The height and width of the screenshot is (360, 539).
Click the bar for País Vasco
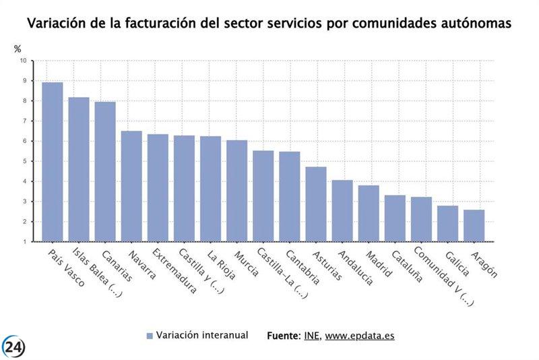[x=52, y=162]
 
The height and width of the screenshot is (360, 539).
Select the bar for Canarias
[x=105, y=171]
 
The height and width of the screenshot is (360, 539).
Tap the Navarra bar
[x=131, y=186]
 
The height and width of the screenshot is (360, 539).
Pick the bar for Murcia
[x=236, y=191]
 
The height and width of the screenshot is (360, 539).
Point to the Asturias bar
[x=315, y=204]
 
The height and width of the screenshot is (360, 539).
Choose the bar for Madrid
[x=368, y=213]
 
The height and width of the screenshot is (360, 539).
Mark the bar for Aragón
[x=474, y=225]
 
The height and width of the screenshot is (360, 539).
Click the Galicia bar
[x=447, y=223]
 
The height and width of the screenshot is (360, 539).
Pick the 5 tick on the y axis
[x=24, y=162]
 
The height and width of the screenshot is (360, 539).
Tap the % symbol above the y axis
[x=18, y=49]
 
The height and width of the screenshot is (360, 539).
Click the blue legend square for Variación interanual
[x=149, y=335]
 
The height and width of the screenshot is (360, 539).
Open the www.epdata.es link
[x=360, y=335]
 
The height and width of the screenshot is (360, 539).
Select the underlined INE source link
[x=312, y=335]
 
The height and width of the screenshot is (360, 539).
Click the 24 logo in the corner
[x=13, y=346]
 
